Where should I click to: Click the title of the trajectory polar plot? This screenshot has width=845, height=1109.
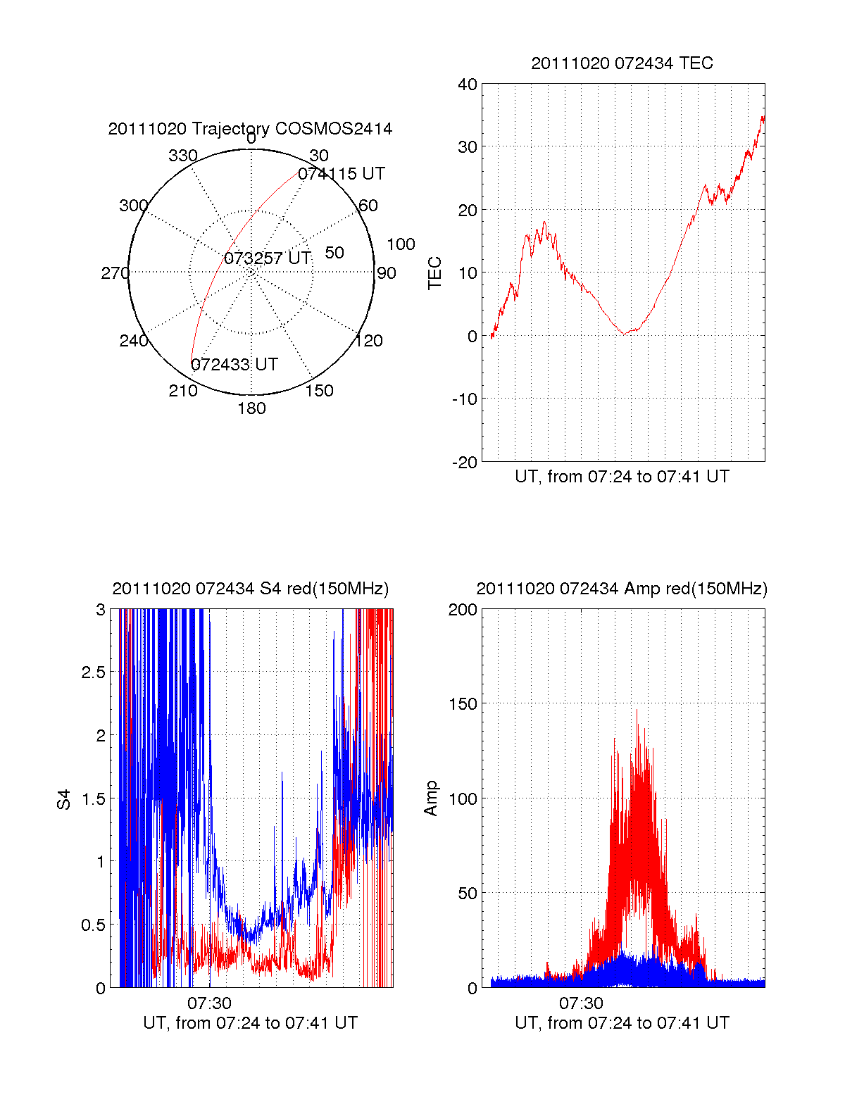(250, 129)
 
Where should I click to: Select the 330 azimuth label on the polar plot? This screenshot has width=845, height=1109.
(183, 156)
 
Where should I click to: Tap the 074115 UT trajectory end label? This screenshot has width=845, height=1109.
(342, 174)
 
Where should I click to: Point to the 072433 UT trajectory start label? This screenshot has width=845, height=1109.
(234, 365)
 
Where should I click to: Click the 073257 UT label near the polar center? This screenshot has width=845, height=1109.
(268, 258)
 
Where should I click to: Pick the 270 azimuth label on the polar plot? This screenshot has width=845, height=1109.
(115, 273)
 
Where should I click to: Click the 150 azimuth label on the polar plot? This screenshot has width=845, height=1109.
(319, 391)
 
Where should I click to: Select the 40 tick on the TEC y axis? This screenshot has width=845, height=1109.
(468, 84)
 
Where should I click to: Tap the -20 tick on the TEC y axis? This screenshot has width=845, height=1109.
(465, 462)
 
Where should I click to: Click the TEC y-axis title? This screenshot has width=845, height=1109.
(435, 273)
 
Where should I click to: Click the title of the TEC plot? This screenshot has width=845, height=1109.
(622, 63)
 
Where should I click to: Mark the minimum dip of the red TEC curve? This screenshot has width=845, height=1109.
(625, 333)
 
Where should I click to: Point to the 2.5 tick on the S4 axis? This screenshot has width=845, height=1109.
(94, 672)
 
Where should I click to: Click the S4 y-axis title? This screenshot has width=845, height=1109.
(64, 799)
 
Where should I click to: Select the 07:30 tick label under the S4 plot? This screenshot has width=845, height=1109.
(209, 1003)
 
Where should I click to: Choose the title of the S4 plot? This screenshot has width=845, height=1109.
(250, 589)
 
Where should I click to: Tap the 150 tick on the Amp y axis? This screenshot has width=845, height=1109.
(463, 704)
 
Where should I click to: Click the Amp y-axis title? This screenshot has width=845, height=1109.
(431, 798)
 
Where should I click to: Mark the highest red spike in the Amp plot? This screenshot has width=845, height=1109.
(637, 710)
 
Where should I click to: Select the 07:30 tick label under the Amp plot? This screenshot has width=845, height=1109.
(581, 1003)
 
